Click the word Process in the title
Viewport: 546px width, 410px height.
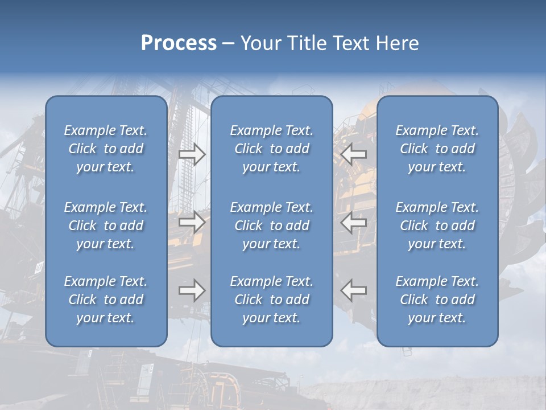[x=179, y=43]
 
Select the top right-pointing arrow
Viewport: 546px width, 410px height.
[x=192, y=154]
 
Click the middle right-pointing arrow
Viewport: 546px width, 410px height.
[x=192, y=222]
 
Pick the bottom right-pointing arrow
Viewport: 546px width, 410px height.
[x=192, y=290]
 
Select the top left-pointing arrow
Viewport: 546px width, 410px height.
[x=354, y=154]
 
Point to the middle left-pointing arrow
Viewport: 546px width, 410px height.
[x=354, y=222]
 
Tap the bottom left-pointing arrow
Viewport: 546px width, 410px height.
[x=354, y=290]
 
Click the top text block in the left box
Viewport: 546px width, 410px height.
[x=106, y=149]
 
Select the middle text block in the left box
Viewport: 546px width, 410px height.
[x=106, y=225]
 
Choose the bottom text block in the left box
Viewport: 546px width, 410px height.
[x=106, y=300]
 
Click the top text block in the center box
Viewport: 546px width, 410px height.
[x=272, y=149]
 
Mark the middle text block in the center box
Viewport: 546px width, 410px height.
[x=272, y=225]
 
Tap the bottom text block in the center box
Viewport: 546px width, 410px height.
[x=272, y=300]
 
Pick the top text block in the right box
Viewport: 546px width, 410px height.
[x=437, y=149]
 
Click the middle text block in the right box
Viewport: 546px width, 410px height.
[x=437, y=225]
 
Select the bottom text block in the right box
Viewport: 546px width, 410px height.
[x=437, y=300]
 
